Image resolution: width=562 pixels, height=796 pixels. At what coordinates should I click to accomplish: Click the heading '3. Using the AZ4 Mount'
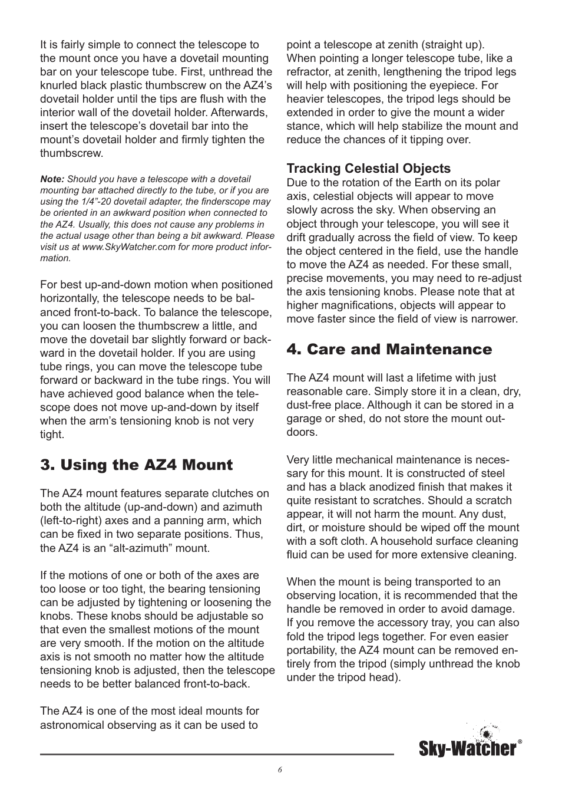[x=136, y=465]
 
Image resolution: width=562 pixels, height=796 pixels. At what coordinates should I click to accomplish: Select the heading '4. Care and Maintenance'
[x=389, y=350]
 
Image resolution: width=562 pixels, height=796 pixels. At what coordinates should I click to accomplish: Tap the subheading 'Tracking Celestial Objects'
[x=368, y=169]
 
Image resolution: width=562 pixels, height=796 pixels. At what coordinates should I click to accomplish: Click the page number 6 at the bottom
[x=280, y=769]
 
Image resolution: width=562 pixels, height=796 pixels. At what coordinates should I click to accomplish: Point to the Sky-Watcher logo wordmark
[x=467, y=749]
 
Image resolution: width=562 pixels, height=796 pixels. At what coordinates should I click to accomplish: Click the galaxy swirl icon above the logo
[x=487, y=731]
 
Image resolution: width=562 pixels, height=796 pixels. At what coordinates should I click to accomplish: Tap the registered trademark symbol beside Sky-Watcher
[x=520, y=742]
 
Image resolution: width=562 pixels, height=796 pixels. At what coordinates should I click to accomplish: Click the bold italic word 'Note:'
[x=52, y=179]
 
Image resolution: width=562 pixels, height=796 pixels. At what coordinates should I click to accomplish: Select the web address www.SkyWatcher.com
[x=128, y=247]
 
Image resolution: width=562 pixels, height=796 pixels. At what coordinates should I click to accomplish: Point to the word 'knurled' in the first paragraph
[x=59, y=85]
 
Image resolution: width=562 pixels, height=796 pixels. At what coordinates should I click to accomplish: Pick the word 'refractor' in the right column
[x=309, y=72]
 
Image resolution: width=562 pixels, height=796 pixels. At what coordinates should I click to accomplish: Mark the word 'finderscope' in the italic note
[x=242, y=202]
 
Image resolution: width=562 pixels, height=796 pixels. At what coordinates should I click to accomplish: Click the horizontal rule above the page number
[x=217, y=754]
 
